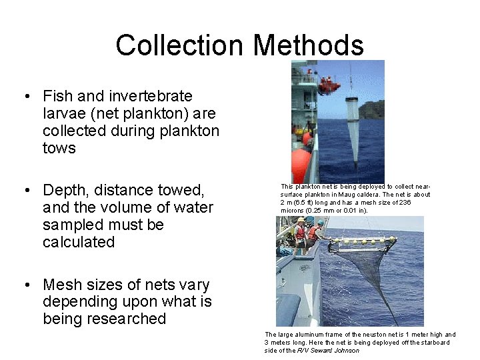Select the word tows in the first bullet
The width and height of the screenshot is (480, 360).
tap(59, 148)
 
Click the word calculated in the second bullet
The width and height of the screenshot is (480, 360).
tap(79, 242)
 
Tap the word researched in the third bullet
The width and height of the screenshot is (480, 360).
tap(123, 319)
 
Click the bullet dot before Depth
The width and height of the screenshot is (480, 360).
tap(26, 191)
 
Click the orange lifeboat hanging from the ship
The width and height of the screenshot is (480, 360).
tap(329, 85)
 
